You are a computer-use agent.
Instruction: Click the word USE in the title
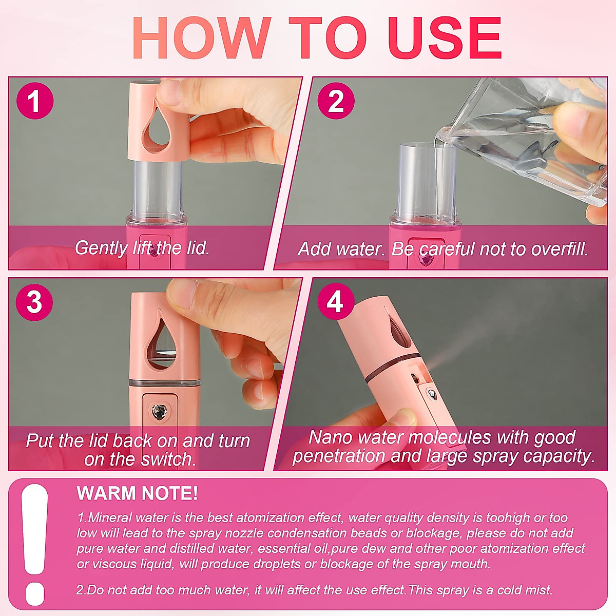coord(445,38)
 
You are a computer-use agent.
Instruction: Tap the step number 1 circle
coord(34,101)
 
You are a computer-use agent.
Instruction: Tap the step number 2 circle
coord(336,101)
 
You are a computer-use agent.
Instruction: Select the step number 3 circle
coord(34,302)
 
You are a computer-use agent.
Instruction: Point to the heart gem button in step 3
coord(158,410)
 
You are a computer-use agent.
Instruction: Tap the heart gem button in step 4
coord(432,395)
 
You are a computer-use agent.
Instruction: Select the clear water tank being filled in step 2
coord(427,182)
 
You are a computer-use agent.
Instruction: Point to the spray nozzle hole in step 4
coord(414,378)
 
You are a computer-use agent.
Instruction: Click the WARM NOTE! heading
coord(137,493)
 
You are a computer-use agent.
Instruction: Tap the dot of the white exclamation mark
coord(35,594)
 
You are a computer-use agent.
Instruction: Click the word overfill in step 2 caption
coord(560,249)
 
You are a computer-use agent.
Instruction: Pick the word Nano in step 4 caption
coord(330,437)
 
